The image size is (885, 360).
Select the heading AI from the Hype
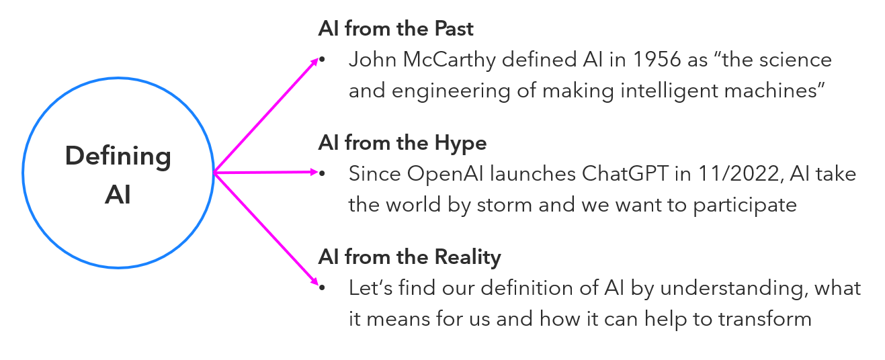402,143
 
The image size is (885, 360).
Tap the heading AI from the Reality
409,257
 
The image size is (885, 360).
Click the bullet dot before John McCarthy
322,61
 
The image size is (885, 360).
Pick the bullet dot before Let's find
322,289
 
